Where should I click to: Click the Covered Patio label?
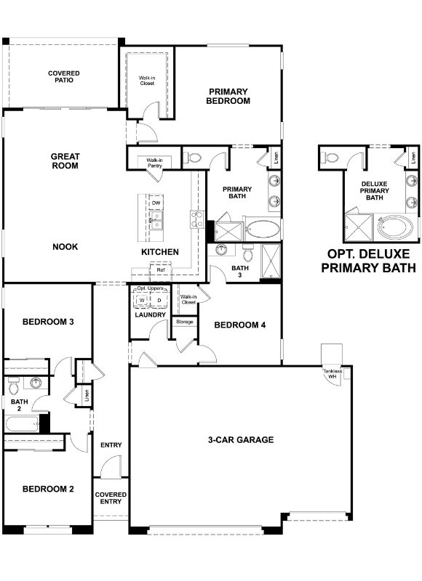pyautogui.click(x=64, y=78)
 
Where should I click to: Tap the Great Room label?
pyautogui.click(x=65, y=161)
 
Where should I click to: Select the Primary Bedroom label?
pyautogui.click(x=229, y=97)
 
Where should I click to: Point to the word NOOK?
pyautogui.click(x=65, y=247)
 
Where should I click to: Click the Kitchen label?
pyautogui.click(x=160, y=252)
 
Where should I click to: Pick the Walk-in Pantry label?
pyautogui.click(x=154, y=163)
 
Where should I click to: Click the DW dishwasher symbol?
pyautogui.click(x=156, y=203)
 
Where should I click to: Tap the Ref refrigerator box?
pyautogui.click(x=160, y=270)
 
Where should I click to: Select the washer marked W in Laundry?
pyautogui.click(x=142, y=300)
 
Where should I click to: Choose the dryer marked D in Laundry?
pyautogui.click(x=159, y=300)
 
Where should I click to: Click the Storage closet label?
pyautogui.click(x=184, y=321)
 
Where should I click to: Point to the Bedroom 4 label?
pyautogui.click(x=240, y=325)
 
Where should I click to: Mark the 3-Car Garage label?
pyautogui.click(x=240, y=439)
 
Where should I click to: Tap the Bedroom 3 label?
pyautogui.click(x=48, y=322)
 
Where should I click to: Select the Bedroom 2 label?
pyautogui.click(x=48, y=489)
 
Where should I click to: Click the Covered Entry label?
pyautogui.click(x=111, y=498)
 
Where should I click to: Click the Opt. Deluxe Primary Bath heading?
pyautogui.click(x=368, y=260)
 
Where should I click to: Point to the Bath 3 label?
pyautogui.click(x=240, y=271)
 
